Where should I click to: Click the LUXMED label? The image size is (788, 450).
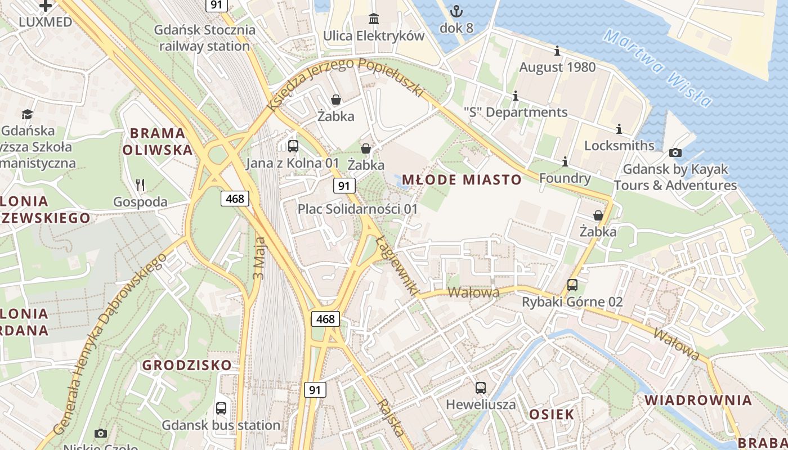click(x=46, y=22)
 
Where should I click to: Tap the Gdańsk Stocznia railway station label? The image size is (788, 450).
click(x=204, y=38)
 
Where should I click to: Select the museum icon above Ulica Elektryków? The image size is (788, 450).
click(x=373, y=18)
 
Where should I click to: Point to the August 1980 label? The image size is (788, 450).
click(x=557, y=67)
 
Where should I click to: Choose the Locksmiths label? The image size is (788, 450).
click(x=619, y=145)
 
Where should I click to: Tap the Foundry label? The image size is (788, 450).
click(x=565, y=178)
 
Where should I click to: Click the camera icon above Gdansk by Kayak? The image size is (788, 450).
click(x=675, y=152)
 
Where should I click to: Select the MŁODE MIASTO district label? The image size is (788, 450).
click(x=462, y=180)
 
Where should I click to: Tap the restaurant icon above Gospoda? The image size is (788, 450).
click(x=140, y=184)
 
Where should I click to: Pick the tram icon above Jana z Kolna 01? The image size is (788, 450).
click(x=293, y=146)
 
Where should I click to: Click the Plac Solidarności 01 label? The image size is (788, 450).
click(x=358, y=209)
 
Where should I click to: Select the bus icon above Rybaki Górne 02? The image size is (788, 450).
click(x=572, y=285)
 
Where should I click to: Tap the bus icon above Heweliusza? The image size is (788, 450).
click(x=481, y=388)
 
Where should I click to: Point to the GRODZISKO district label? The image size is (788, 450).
click(x=187, y=365)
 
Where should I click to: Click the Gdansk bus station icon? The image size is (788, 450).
click(x=221, y=408)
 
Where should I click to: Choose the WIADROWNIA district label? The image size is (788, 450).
click(x=698, y=400)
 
